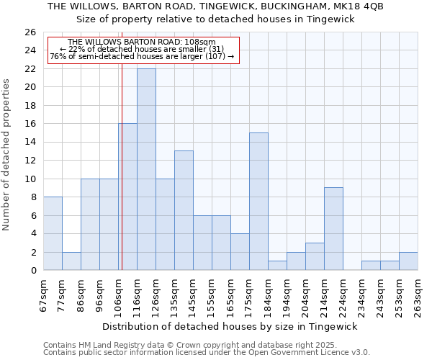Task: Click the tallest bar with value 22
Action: point(146,169)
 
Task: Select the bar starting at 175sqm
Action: point(258,202)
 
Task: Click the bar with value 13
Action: point(184,210)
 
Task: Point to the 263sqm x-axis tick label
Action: point(418,296)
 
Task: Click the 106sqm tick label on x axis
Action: point(118,296)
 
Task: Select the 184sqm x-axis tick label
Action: point(268,296)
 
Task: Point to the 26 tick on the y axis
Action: point(30,32)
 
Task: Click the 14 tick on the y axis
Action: point(30,143)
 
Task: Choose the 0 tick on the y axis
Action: point(32,271)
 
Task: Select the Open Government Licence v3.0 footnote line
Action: point(207,353)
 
